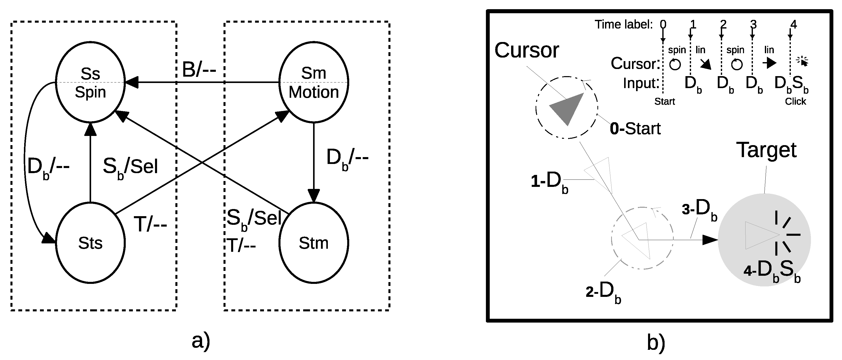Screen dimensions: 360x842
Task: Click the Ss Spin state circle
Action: (x=90, y=82)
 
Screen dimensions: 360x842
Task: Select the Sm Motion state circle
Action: (x=314, y=82)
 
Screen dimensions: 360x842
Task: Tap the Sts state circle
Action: (x=90, y=243)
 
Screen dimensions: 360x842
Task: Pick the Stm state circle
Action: (x=314, y=243)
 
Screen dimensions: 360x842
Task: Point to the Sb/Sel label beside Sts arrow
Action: (x=130, y=167)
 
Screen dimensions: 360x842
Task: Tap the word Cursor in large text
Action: (x=527, y=50)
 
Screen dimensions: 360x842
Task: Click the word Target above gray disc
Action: (x=766, y=150)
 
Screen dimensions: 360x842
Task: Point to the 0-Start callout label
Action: (x=635, y=129)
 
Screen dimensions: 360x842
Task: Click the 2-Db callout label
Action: (x=603, y=291)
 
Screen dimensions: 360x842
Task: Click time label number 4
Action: (x=793, y=24)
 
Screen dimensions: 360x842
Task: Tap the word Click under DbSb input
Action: (x=795, y=101)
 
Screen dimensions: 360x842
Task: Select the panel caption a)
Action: (x=201, y=342)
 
